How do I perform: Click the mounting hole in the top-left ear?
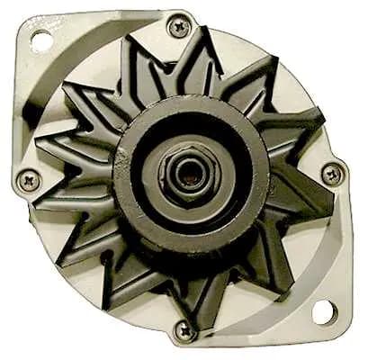(39, 38)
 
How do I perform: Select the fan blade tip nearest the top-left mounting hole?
(72, 81)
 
